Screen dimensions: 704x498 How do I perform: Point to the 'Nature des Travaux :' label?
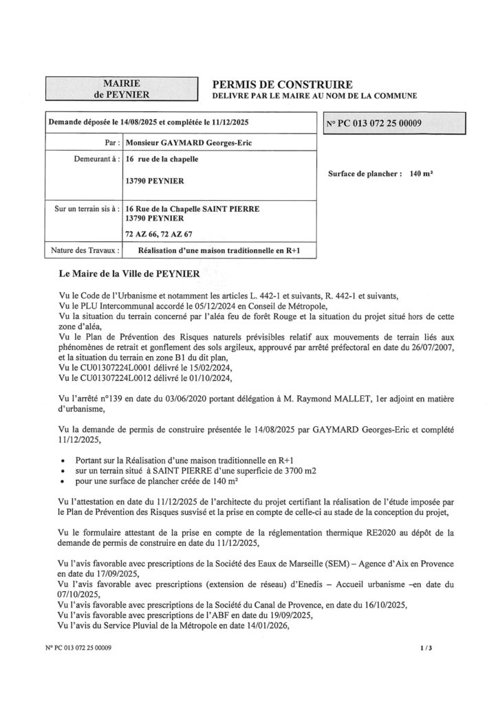pos(84,250)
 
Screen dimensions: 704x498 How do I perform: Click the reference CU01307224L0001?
pos(111,368)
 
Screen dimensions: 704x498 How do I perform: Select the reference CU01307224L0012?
pos(111,377)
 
